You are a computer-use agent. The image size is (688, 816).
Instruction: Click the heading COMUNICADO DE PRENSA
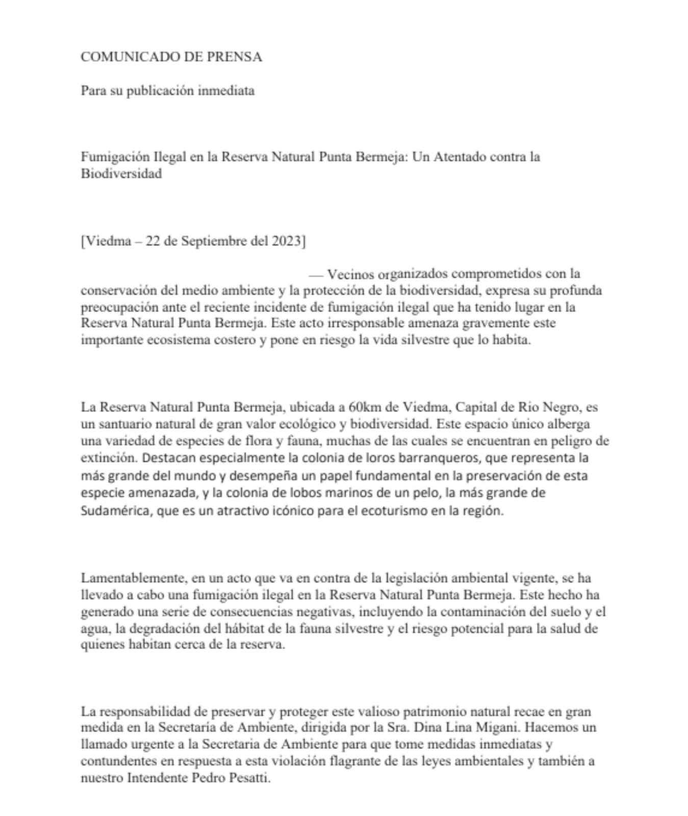click(171, 57)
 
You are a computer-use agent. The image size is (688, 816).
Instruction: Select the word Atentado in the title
click(460, 157)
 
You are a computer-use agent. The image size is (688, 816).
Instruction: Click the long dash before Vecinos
click(316, 274)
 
